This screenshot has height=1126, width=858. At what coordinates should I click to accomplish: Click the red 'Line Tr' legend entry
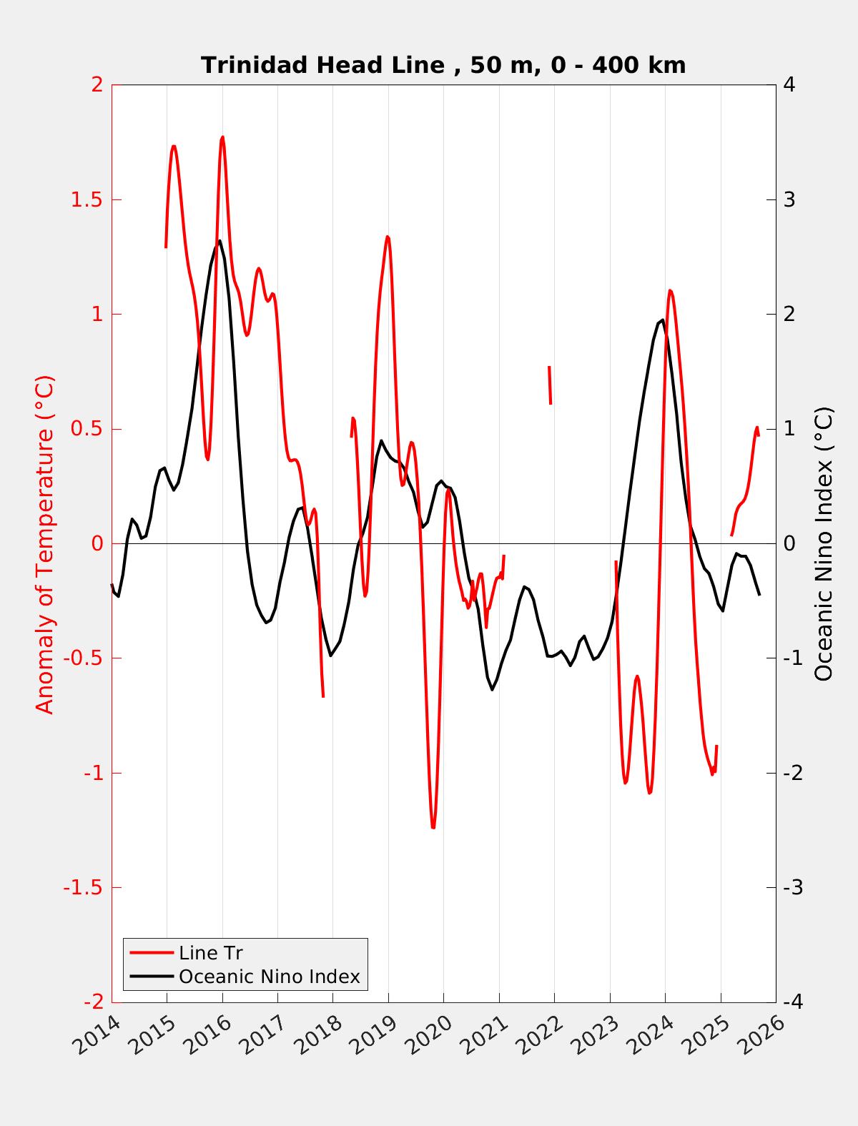point(211,953)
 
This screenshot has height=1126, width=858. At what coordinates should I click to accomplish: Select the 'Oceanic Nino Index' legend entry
point(269,977)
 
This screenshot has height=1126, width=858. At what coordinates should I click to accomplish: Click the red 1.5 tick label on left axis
point(86,199)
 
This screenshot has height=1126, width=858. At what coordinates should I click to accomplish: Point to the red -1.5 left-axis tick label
point(82,888)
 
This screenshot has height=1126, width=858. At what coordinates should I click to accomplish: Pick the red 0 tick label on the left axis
point(97,544)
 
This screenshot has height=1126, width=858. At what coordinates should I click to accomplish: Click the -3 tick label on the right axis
point(792,888)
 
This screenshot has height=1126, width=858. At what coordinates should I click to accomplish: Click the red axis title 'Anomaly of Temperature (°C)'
point(44,543)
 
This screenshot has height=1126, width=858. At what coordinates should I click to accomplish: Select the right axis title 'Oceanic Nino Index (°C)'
point(824,543)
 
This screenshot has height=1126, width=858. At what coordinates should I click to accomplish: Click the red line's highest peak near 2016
point(222,137)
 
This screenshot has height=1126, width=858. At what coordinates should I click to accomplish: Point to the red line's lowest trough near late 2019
point(433,827)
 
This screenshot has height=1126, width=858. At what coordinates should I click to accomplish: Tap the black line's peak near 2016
point(220,241)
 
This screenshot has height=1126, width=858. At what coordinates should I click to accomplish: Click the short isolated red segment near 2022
point(550,385)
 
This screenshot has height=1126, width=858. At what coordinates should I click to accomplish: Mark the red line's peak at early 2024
point(670,290)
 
